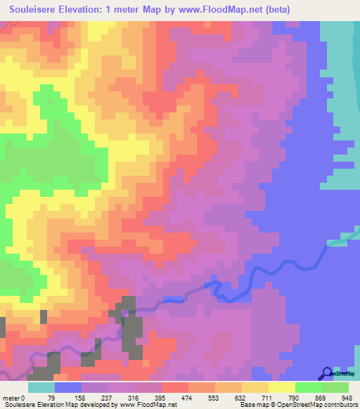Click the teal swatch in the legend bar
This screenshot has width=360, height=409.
(x=41, y=387)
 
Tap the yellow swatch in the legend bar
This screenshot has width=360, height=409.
(x=281, y=387)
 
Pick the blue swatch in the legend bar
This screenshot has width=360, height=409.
(x=68, y=387)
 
